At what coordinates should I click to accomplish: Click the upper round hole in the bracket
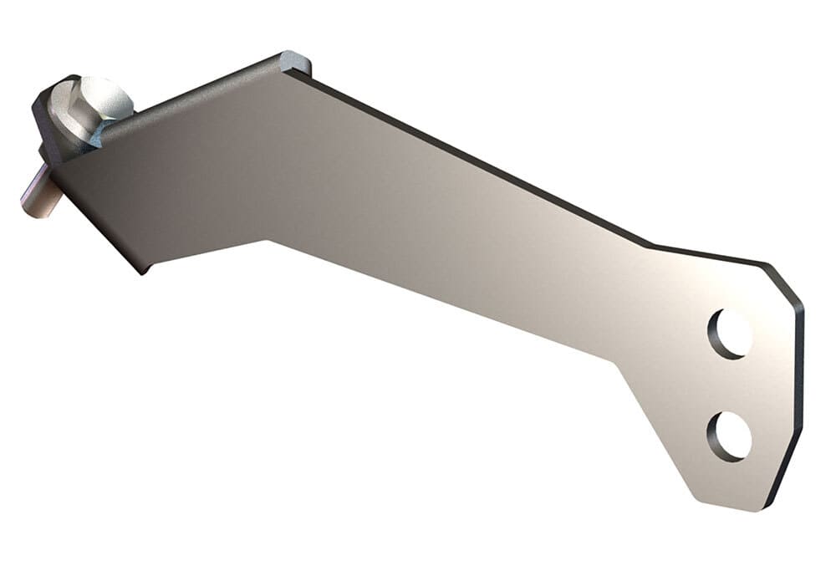(729, 333)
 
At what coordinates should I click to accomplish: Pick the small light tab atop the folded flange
(295, 61)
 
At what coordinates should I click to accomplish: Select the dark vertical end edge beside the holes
(799, 376)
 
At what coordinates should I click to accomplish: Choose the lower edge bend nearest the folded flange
(268, 241)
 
